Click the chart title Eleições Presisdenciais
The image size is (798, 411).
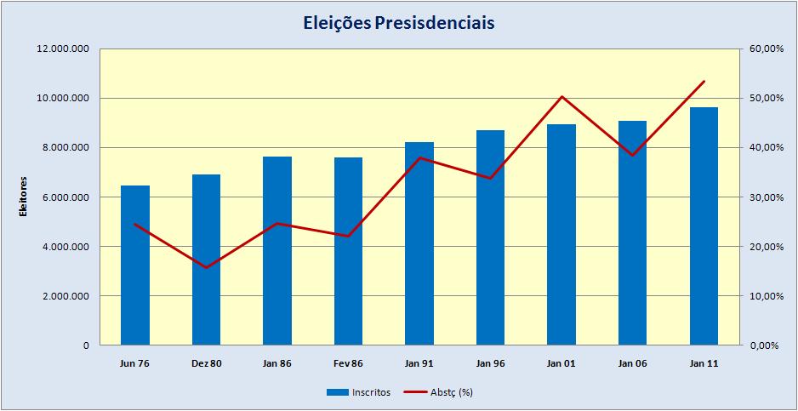click(398, 22)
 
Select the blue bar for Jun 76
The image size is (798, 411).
click(135, 265)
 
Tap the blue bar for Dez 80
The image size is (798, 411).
click(206, 260)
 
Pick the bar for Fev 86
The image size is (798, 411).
click(348, 252)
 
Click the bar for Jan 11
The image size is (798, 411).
click(704, 226)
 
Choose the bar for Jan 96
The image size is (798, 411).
click(490, 238)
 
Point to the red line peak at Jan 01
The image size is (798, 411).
click(561, 96)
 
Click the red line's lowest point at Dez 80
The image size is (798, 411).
click(206, 267)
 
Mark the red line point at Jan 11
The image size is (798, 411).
click(704, 82)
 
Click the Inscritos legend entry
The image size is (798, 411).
click(357, 392)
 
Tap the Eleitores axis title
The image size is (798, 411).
click(24, 197)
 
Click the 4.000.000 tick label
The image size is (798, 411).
click(65, 247)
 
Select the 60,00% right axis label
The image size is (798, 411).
click(765, 49)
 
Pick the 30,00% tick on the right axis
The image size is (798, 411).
click(765, 197)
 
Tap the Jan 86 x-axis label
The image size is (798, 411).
click(277, 363)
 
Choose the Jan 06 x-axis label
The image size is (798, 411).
click(632, 363)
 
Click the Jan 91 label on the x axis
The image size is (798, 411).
click(419, 363)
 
